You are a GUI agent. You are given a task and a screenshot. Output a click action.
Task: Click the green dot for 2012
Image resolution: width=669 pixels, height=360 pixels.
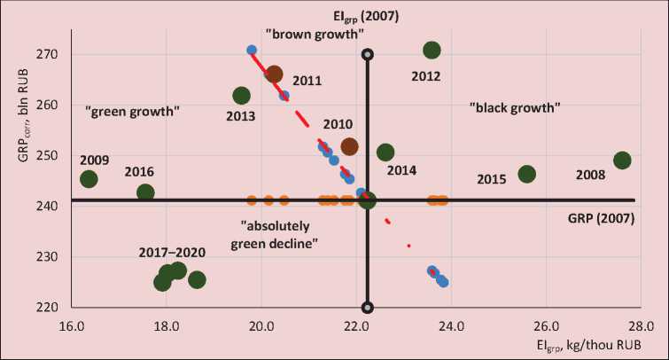[x=432, y=51]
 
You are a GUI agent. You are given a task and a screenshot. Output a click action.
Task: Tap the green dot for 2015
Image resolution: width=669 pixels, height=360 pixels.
[x=527, y=174]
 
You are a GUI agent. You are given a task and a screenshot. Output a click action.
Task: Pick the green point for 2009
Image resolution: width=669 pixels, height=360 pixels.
[x=89, y=179]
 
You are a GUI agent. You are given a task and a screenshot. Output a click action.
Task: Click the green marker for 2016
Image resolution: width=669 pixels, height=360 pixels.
[x=145, y=192]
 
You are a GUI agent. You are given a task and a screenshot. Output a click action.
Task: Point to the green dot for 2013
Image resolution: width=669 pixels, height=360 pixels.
[x=241, y=96]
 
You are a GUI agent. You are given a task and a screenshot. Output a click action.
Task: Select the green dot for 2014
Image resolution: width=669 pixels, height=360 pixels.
[x=385, y=153]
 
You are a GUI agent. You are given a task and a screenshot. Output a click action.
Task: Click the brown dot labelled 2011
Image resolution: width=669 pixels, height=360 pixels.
[x=274, y=74]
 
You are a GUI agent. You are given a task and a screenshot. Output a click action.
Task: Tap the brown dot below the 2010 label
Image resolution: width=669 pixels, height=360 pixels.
[x=350, y=146]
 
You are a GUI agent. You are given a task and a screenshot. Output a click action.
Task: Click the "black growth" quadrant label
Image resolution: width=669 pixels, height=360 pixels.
[x=515, y=107]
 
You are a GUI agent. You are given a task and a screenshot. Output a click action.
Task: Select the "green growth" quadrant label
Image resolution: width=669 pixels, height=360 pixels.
[x=133, y=113]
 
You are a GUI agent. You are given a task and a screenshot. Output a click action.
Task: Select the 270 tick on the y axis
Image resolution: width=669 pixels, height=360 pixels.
[x=46, y=54]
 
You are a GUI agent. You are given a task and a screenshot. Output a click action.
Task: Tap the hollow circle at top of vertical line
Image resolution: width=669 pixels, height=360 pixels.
[x=368, y=55]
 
